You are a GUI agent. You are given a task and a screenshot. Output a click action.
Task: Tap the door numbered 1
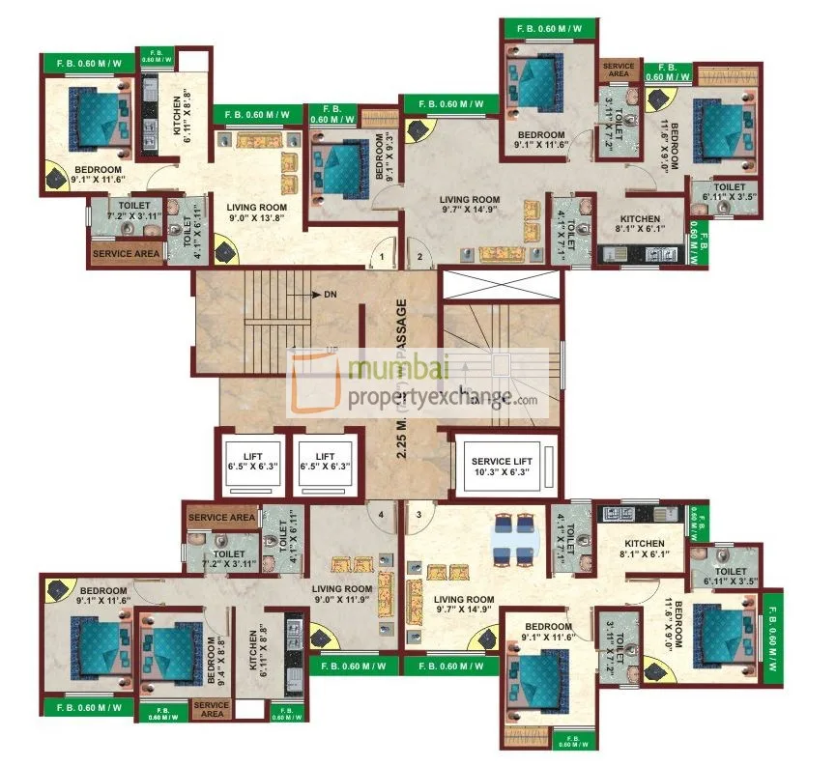coord(383,257)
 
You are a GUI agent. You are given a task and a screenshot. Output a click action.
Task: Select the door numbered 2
coord(420,257)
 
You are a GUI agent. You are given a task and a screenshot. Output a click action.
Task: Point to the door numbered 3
coord(418,514)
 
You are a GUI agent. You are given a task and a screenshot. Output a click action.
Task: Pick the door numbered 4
coord(382,514)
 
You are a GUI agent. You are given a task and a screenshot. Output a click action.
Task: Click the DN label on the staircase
coord(330,294)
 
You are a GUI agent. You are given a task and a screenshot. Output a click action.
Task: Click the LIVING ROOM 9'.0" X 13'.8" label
coord(256,213)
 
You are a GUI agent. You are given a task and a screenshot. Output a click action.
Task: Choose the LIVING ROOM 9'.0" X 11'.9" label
coord(342,595)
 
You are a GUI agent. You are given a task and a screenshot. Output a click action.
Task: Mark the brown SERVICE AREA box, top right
coord(619,70)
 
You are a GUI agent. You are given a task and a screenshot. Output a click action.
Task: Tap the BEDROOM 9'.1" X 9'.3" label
coord(384,158)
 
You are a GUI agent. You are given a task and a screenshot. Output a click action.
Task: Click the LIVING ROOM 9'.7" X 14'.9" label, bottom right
coord(464,606)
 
